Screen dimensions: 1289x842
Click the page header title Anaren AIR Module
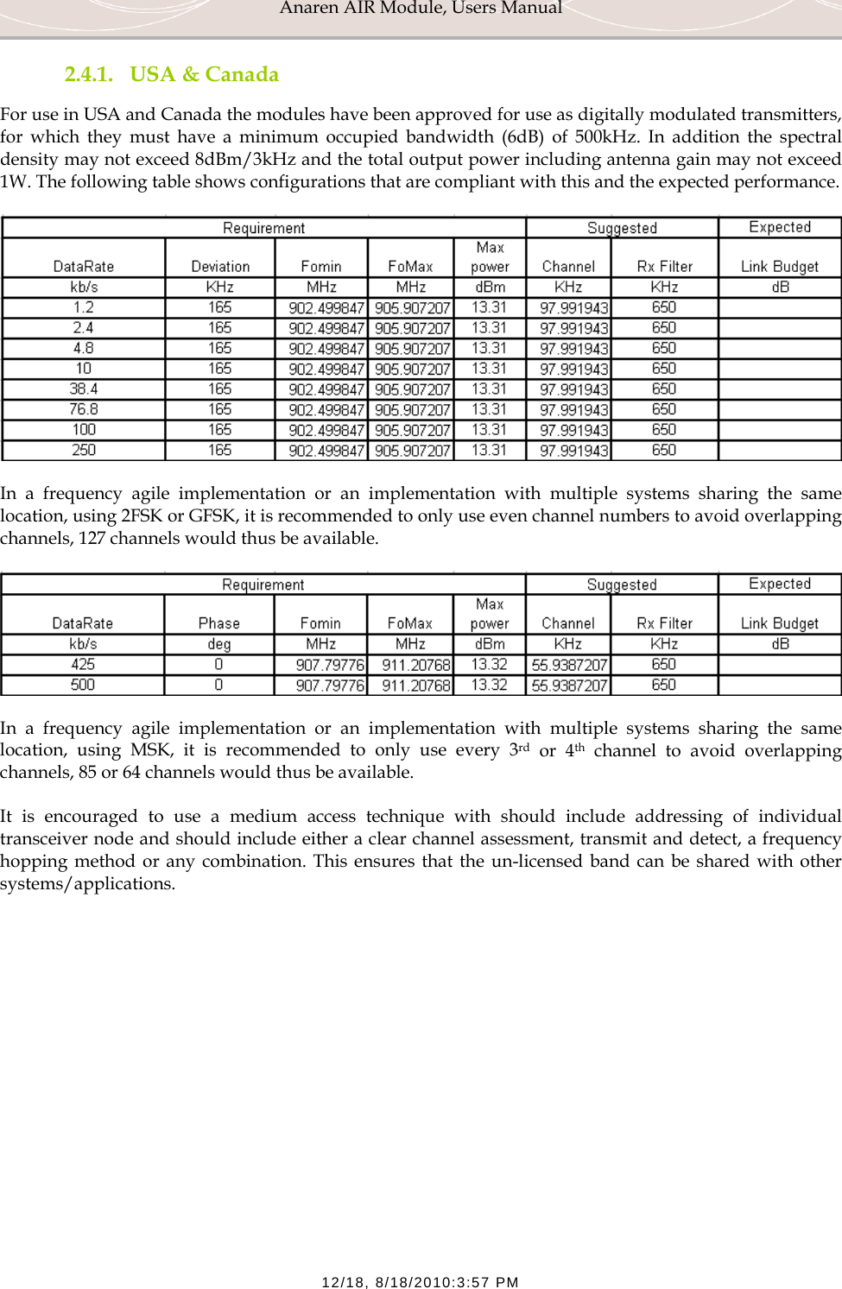tap(421, 9)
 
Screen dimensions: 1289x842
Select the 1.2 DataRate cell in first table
tap(84, 307)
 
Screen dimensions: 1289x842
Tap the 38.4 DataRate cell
tap(84, 389)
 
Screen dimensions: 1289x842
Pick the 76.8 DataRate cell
tap(84, 409)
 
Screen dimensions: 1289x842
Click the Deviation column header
tap(220, 267)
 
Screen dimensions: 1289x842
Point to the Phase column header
tap(219, 623)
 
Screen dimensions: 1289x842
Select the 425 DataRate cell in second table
tap(83, 664)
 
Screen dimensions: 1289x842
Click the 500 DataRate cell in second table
tap(83, 685)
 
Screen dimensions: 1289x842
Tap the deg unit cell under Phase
tap(219, 644)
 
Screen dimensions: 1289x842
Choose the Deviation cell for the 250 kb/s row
tap(220, 450)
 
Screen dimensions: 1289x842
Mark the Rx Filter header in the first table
tap(665, 267)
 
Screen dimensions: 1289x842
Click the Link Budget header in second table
tap(780, 623)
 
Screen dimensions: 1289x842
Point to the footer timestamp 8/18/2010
tap(420, 1282)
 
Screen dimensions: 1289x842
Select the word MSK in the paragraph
tap(150, 750)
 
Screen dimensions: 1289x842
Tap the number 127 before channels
tap(92, 538)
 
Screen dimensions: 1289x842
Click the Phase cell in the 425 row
tap(219, 664)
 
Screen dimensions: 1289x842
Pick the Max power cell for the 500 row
tap(490, 685)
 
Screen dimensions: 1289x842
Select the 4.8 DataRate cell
tap(84, 348)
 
